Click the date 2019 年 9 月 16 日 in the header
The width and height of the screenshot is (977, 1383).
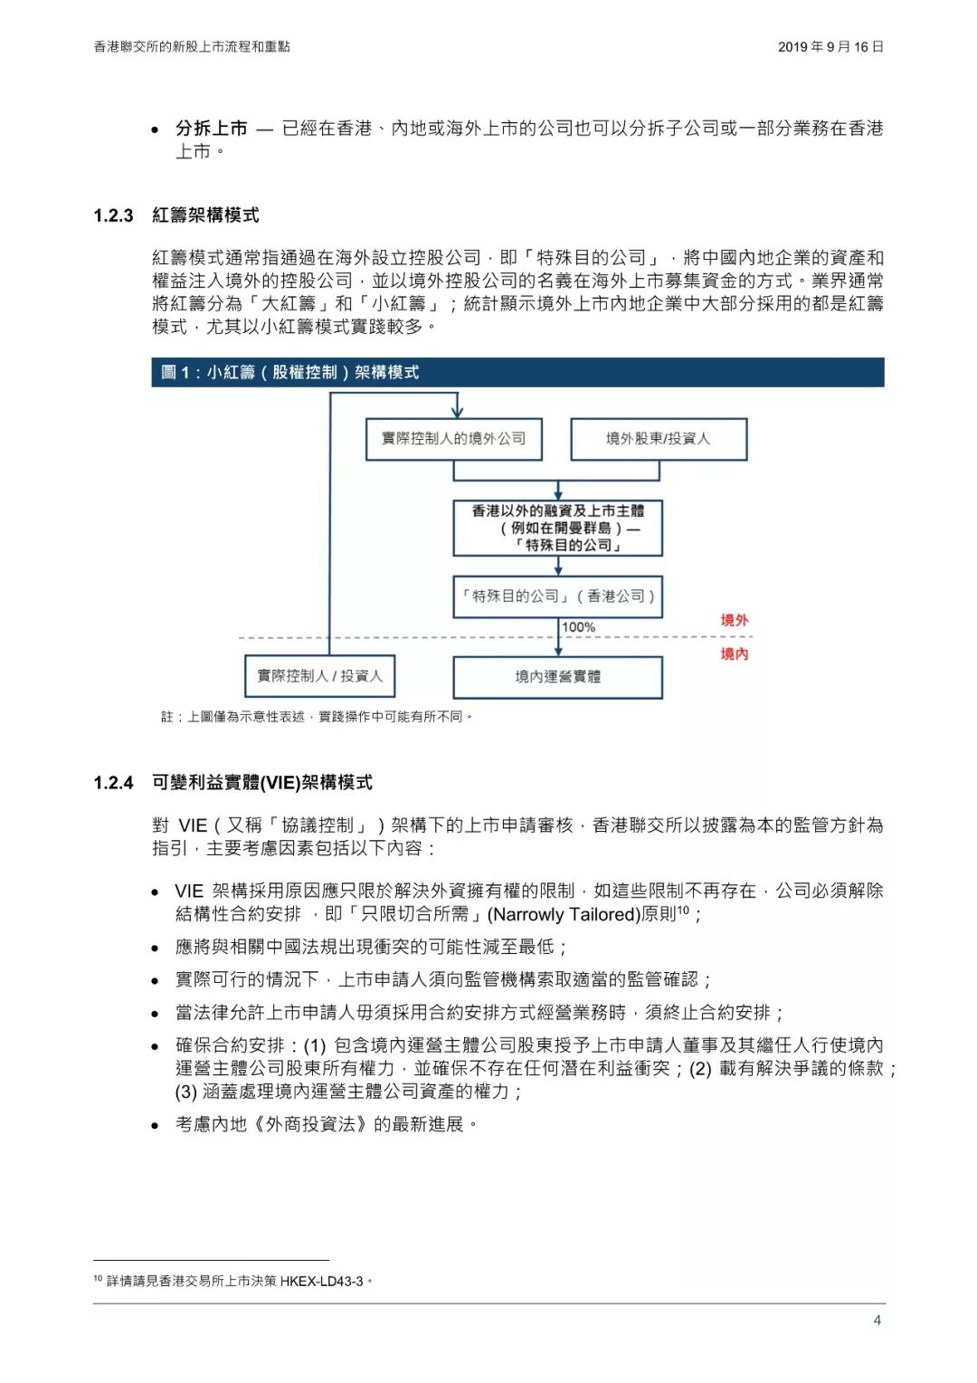click(830, 47)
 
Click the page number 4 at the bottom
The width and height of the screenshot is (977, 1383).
click(877, 1320)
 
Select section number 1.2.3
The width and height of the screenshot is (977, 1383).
click(113, 215)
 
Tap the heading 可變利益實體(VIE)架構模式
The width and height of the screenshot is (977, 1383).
click(261, 783)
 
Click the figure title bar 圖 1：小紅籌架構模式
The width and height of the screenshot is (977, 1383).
click(289, 372)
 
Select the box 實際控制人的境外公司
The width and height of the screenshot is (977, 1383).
click(453, 439)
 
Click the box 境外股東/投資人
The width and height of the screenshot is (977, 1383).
click(658, 439)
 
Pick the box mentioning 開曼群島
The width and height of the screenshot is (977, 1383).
click(557, 528)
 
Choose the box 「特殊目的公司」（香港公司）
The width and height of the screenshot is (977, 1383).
click(557, 596)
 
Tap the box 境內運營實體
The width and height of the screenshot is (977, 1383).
click(557, 676)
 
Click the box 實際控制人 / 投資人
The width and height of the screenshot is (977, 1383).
click(319, 676)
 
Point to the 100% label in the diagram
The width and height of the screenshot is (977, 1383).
click(579, 627)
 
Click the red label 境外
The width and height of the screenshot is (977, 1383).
click(734, 621)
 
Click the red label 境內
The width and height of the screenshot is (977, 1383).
click(734, 653)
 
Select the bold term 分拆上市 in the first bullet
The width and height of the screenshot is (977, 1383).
click(211, 129)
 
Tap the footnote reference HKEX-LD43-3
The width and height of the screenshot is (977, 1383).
click(321, 1281)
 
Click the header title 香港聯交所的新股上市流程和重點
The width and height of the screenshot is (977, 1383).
click(192, 47)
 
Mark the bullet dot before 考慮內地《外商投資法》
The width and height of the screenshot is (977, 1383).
click(156, 1125)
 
